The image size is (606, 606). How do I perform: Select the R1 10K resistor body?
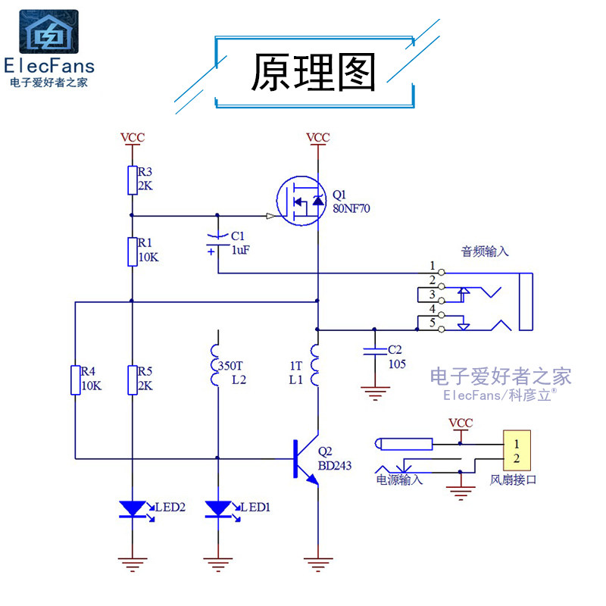click(132, 251)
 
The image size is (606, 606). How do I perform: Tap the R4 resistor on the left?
click(76, 380)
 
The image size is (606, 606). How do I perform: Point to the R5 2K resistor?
click(132, 380)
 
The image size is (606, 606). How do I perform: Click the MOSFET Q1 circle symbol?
click(301, 201)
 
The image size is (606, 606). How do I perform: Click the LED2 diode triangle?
click(133, 508)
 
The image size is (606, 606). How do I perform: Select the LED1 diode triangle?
click(218, 508)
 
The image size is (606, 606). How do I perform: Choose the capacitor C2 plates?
click(372, 351)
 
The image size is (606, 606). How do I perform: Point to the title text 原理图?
click(314, 73)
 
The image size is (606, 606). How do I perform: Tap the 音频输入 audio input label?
click(485, 251)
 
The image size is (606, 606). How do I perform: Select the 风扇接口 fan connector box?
click(515, 451)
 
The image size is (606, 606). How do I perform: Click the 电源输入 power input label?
click(399, 479)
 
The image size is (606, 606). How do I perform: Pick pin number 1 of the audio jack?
click(433, 266)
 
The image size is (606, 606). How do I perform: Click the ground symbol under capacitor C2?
click(372, 392)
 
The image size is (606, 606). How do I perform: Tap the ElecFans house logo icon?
click(48, 32)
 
